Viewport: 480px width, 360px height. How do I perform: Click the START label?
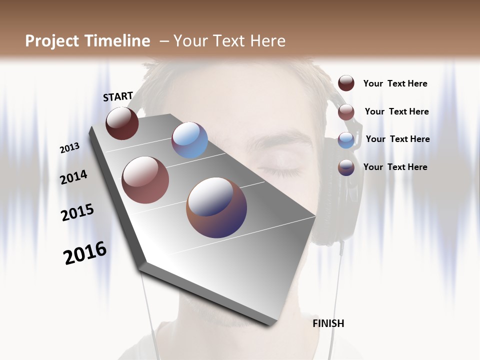coord(118,96)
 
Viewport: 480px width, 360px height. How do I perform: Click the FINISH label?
coord(328,323)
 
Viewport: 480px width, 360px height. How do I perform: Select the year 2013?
coord(70,147)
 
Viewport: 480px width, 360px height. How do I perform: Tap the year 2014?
coord(74,177)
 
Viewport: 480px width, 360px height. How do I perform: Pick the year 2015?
coord(77,212)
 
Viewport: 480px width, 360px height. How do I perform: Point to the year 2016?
coord(85,253)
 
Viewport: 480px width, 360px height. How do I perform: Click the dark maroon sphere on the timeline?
coord(122,123)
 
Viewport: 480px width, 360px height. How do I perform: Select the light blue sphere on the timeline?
coord(189,140)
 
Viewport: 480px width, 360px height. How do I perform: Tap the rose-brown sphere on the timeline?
coord(145,180)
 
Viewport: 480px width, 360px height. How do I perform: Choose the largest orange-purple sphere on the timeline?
coord(216,207)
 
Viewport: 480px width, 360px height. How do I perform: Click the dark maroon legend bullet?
coord(346,83)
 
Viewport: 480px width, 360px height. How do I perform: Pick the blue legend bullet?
coord(346,140)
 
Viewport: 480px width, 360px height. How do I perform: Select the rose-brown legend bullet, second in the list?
coord(346,112)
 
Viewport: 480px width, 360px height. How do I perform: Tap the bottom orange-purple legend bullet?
coord(346,167)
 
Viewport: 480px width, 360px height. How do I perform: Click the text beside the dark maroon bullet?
coord(395,83)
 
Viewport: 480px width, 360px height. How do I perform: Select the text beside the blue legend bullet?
coord(397,139)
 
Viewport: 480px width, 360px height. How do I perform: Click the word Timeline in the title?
coord(117,41)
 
